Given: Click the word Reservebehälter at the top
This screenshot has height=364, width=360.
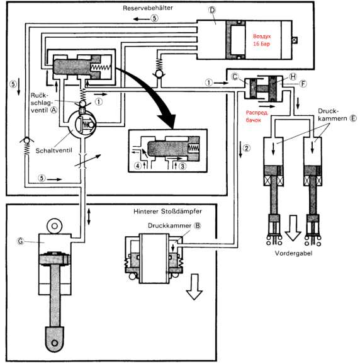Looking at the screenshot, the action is (148, 8).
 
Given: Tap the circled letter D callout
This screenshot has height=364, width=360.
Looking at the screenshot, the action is (212, 10).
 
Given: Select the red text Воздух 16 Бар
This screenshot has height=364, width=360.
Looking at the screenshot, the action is (262, 40).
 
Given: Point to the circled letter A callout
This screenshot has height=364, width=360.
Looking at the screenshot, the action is (54, 110).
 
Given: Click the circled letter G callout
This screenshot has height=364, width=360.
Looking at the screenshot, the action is (20, 241).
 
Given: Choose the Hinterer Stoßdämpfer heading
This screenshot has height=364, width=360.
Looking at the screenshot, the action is (167, 211).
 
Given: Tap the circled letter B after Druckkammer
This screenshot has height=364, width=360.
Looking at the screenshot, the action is (198, 225).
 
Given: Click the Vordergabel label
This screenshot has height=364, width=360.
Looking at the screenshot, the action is (293, 253).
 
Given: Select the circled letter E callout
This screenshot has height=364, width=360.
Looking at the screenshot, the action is (353, 118).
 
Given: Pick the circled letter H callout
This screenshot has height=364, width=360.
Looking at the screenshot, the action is (293, 76).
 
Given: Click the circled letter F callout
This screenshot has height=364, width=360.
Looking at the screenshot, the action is (303, 84).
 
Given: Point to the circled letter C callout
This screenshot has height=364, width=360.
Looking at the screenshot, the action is (235, 76).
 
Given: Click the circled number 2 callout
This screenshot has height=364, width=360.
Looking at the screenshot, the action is (246, 147).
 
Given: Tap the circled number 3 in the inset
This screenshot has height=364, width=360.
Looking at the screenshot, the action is (183, 166).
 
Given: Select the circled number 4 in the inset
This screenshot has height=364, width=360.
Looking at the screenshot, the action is (138, 166).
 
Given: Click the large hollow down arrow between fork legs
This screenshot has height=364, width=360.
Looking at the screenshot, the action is (293, 228).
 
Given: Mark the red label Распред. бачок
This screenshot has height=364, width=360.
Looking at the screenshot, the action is (257, 117).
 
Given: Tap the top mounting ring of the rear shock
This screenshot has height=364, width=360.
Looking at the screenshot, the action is (55, 226).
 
